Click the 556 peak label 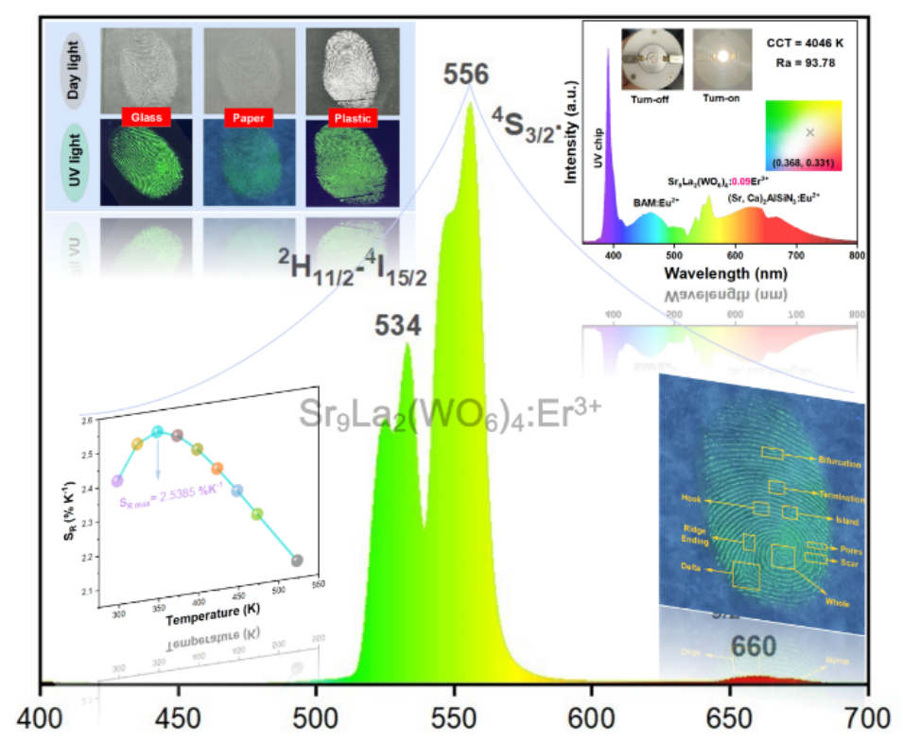point(468,76)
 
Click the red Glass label point(147,118)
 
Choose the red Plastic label point(350,118)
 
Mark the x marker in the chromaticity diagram point(810,132)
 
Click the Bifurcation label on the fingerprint point(840,463)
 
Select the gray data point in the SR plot point(297,561)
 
